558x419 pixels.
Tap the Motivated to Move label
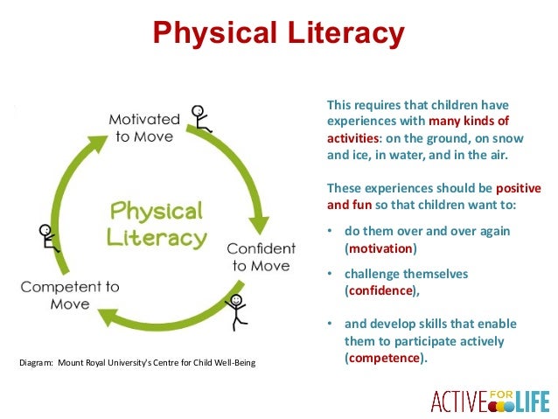pyautogui.click(x=144, y=127)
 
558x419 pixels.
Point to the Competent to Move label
pyautogui.click(x=70, y=295)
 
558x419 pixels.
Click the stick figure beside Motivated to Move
pyautogui.click(x=201, y=120)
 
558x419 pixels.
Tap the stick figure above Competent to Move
pyautogui.click(x=48, y=237)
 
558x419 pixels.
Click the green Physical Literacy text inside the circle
pyautogui.click(x=157, y=224)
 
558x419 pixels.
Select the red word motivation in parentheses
pyautogui.click(x=381, y=248)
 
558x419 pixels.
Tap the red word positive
pyautogui.click(x=518, y=188)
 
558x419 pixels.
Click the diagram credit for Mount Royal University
pyautogui.click(x=137, y=362)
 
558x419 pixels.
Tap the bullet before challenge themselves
pyautogui.click(x=331, y=274)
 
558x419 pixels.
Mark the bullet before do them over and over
pyautogui.click(x=331, y=231)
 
